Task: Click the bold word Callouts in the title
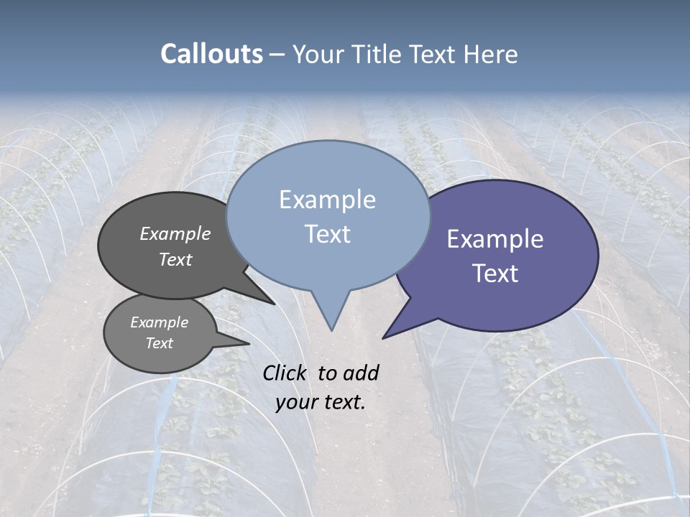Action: (x=211, y=54)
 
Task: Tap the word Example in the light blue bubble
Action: (x=327, y=200)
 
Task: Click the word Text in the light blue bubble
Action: (x=327, y=234)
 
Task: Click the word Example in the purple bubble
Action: (x=495, y=239)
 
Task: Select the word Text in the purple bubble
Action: (x=495, y=274)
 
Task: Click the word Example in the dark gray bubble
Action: (x=175, y=233)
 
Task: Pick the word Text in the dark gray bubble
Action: (x=175, y=259)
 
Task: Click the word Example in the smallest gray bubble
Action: (x=159, y=322)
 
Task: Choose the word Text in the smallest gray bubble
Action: (x=159, y=343)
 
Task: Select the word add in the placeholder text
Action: (x=361, y=373)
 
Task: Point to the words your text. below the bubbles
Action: (x=321, y=402)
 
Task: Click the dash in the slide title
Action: (x=277, y=54)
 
